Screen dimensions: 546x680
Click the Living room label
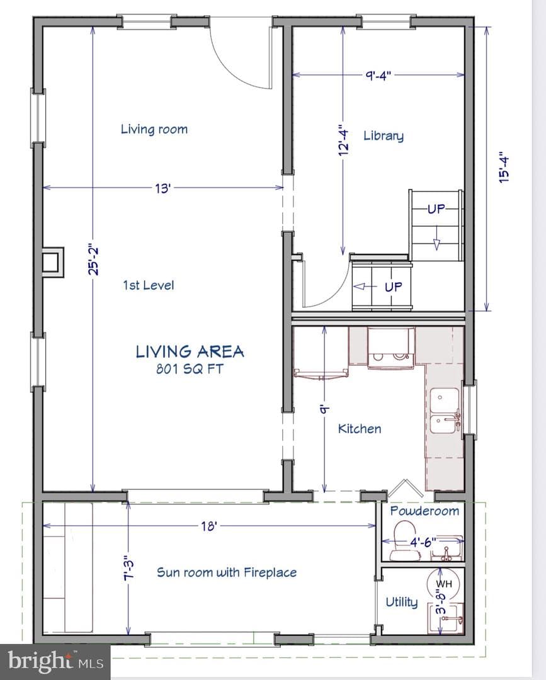pos(154,129)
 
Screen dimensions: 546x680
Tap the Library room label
pos(384,136)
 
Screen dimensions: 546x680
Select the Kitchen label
pos(360,429)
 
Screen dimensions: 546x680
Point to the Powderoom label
pos(424,511)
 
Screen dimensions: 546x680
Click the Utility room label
pos(402,602)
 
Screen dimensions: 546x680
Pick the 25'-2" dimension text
pos(93,259)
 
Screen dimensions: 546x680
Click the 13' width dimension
pos(163,189)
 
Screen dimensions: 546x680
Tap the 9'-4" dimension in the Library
pos(378,76)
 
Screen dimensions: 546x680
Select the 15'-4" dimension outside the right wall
pos(504,167)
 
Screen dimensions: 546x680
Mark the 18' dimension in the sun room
pos(208,526)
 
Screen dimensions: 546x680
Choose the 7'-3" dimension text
pos(129,568)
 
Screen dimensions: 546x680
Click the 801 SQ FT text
pos(190,369)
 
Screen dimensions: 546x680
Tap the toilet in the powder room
pos(405,541)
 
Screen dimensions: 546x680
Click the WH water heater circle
pos(443,584)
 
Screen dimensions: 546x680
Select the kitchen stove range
pos(390,348)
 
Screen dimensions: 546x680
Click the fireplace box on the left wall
pos(53,262)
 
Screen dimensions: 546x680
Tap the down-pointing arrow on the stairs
pos(436,244)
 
